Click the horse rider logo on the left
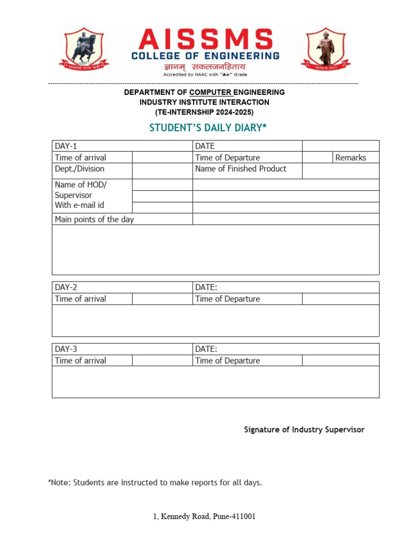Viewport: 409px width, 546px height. pos(84,50)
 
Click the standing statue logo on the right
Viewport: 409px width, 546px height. pos(325,50)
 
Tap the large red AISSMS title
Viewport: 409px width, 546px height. pos(205,40)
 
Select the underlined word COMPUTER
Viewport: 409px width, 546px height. pos(210,92)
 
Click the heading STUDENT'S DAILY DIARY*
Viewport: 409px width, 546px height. pos(208,128)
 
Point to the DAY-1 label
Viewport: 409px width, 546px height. pos(66,146)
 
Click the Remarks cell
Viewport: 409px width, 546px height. pos(350,157)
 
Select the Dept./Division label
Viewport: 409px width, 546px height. pos(79,168)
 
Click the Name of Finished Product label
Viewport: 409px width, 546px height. pos(240,168)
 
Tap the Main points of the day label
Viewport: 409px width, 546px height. pos(94,219)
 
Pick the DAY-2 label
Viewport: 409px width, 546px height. pos(66,287)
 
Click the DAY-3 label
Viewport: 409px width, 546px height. pos(66,349)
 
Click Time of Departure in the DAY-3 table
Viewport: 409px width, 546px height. pos(227,360)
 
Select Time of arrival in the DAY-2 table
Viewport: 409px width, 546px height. pos(80,299)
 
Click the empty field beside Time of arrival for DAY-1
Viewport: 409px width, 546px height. pos(162,157)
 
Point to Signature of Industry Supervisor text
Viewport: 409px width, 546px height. pos(304,429)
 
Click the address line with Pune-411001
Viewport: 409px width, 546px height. pos(204,517)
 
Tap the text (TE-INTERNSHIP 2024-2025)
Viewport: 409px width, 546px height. pos(204,112)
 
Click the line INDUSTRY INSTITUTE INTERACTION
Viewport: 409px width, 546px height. pos(204,102)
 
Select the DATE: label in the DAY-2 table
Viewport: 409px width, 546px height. pos(206,287)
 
